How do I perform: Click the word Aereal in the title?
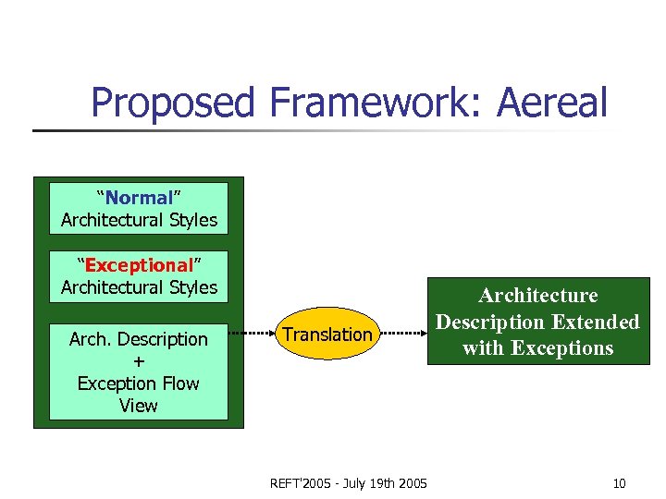tap(552, 102)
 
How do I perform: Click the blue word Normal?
tap(139, 198)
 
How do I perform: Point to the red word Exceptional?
tap(139, 265)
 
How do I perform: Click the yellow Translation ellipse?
tap(327, 334)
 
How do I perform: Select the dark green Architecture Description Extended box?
tap(537, 322)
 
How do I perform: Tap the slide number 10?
tap(619, 482)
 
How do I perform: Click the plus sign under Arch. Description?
tap(139, 361)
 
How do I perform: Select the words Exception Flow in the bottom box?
tap(139, 383)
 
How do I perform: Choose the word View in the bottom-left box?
tap(139, 405)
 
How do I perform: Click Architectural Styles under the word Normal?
tap(139, 220)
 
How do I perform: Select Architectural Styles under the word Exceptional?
tap(139, 287)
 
